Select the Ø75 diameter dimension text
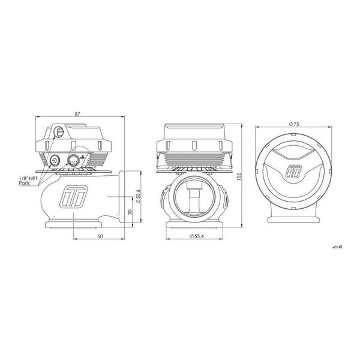[x=294, y=124]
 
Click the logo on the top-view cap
[x=295, y=170]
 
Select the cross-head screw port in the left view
[x=55, y=160]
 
